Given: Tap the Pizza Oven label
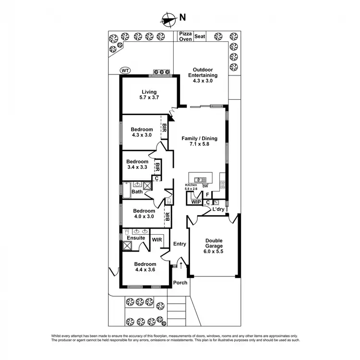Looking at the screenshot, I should tap(185, 37).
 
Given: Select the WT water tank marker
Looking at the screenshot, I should tap(125, 71).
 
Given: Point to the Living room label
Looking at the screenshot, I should tap(149, 95).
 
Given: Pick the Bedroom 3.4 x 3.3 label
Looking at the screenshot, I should tap(137, 165).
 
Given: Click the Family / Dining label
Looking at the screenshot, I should tap(199, 141).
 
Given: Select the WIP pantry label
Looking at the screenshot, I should tap(196, 202).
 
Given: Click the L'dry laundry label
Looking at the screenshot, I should tap(219, 210).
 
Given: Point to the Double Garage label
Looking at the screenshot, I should tap(214, 246).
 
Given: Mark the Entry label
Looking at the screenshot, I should tap(180, 244).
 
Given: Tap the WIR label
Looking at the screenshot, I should tap(157, 239).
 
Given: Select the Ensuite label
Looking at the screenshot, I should tap(136, 238).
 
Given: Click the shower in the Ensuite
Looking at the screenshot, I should tap(127, 246).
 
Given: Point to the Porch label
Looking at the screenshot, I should tap(180, 283).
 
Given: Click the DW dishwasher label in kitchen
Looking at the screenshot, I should tap(205, 186).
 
